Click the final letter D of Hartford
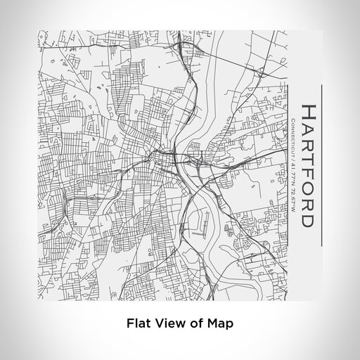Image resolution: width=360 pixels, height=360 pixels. pyautogui.click(x=307, y=222)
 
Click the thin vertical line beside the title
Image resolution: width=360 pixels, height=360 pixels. pyautogui.click(x=321, y=166)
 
